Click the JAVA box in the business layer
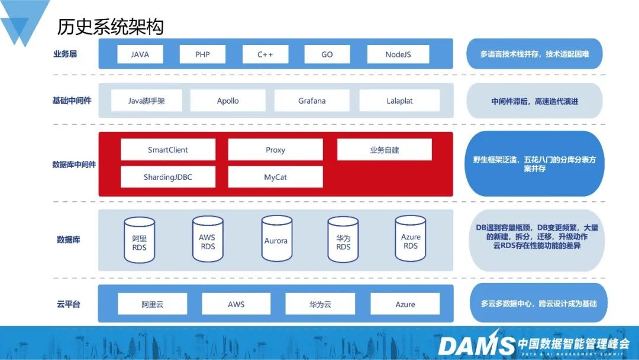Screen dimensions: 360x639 (x=140, y=54)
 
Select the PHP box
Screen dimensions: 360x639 (x=202, y=54)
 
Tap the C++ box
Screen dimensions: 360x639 (x=265, y=54)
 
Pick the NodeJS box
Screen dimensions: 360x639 (x=398, y=54)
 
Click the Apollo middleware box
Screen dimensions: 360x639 (x=228, y=101)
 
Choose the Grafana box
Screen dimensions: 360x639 (x=312, y=101)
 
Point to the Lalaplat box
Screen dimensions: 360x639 (x=399, y=101)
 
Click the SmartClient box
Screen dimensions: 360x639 (x=168, y=150)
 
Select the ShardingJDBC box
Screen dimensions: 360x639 (x=168, y=177)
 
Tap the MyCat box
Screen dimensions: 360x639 (x=275, y=177)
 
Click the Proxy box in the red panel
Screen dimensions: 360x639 (x=275, y=150)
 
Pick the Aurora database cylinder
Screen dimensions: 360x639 (x=276, y=239)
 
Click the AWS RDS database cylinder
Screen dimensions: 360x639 (x=208, y=239)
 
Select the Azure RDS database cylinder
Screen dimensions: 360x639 (x=411, y=239)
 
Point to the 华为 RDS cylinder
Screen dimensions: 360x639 (x=343, y=239)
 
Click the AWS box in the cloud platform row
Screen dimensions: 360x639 (x=236, y=304)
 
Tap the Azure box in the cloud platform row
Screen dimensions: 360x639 (x=405, y=304)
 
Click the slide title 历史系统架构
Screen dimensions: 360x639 (x=110, y=26)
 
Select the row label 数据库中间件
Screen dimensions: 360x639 (x=74, y=164)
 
